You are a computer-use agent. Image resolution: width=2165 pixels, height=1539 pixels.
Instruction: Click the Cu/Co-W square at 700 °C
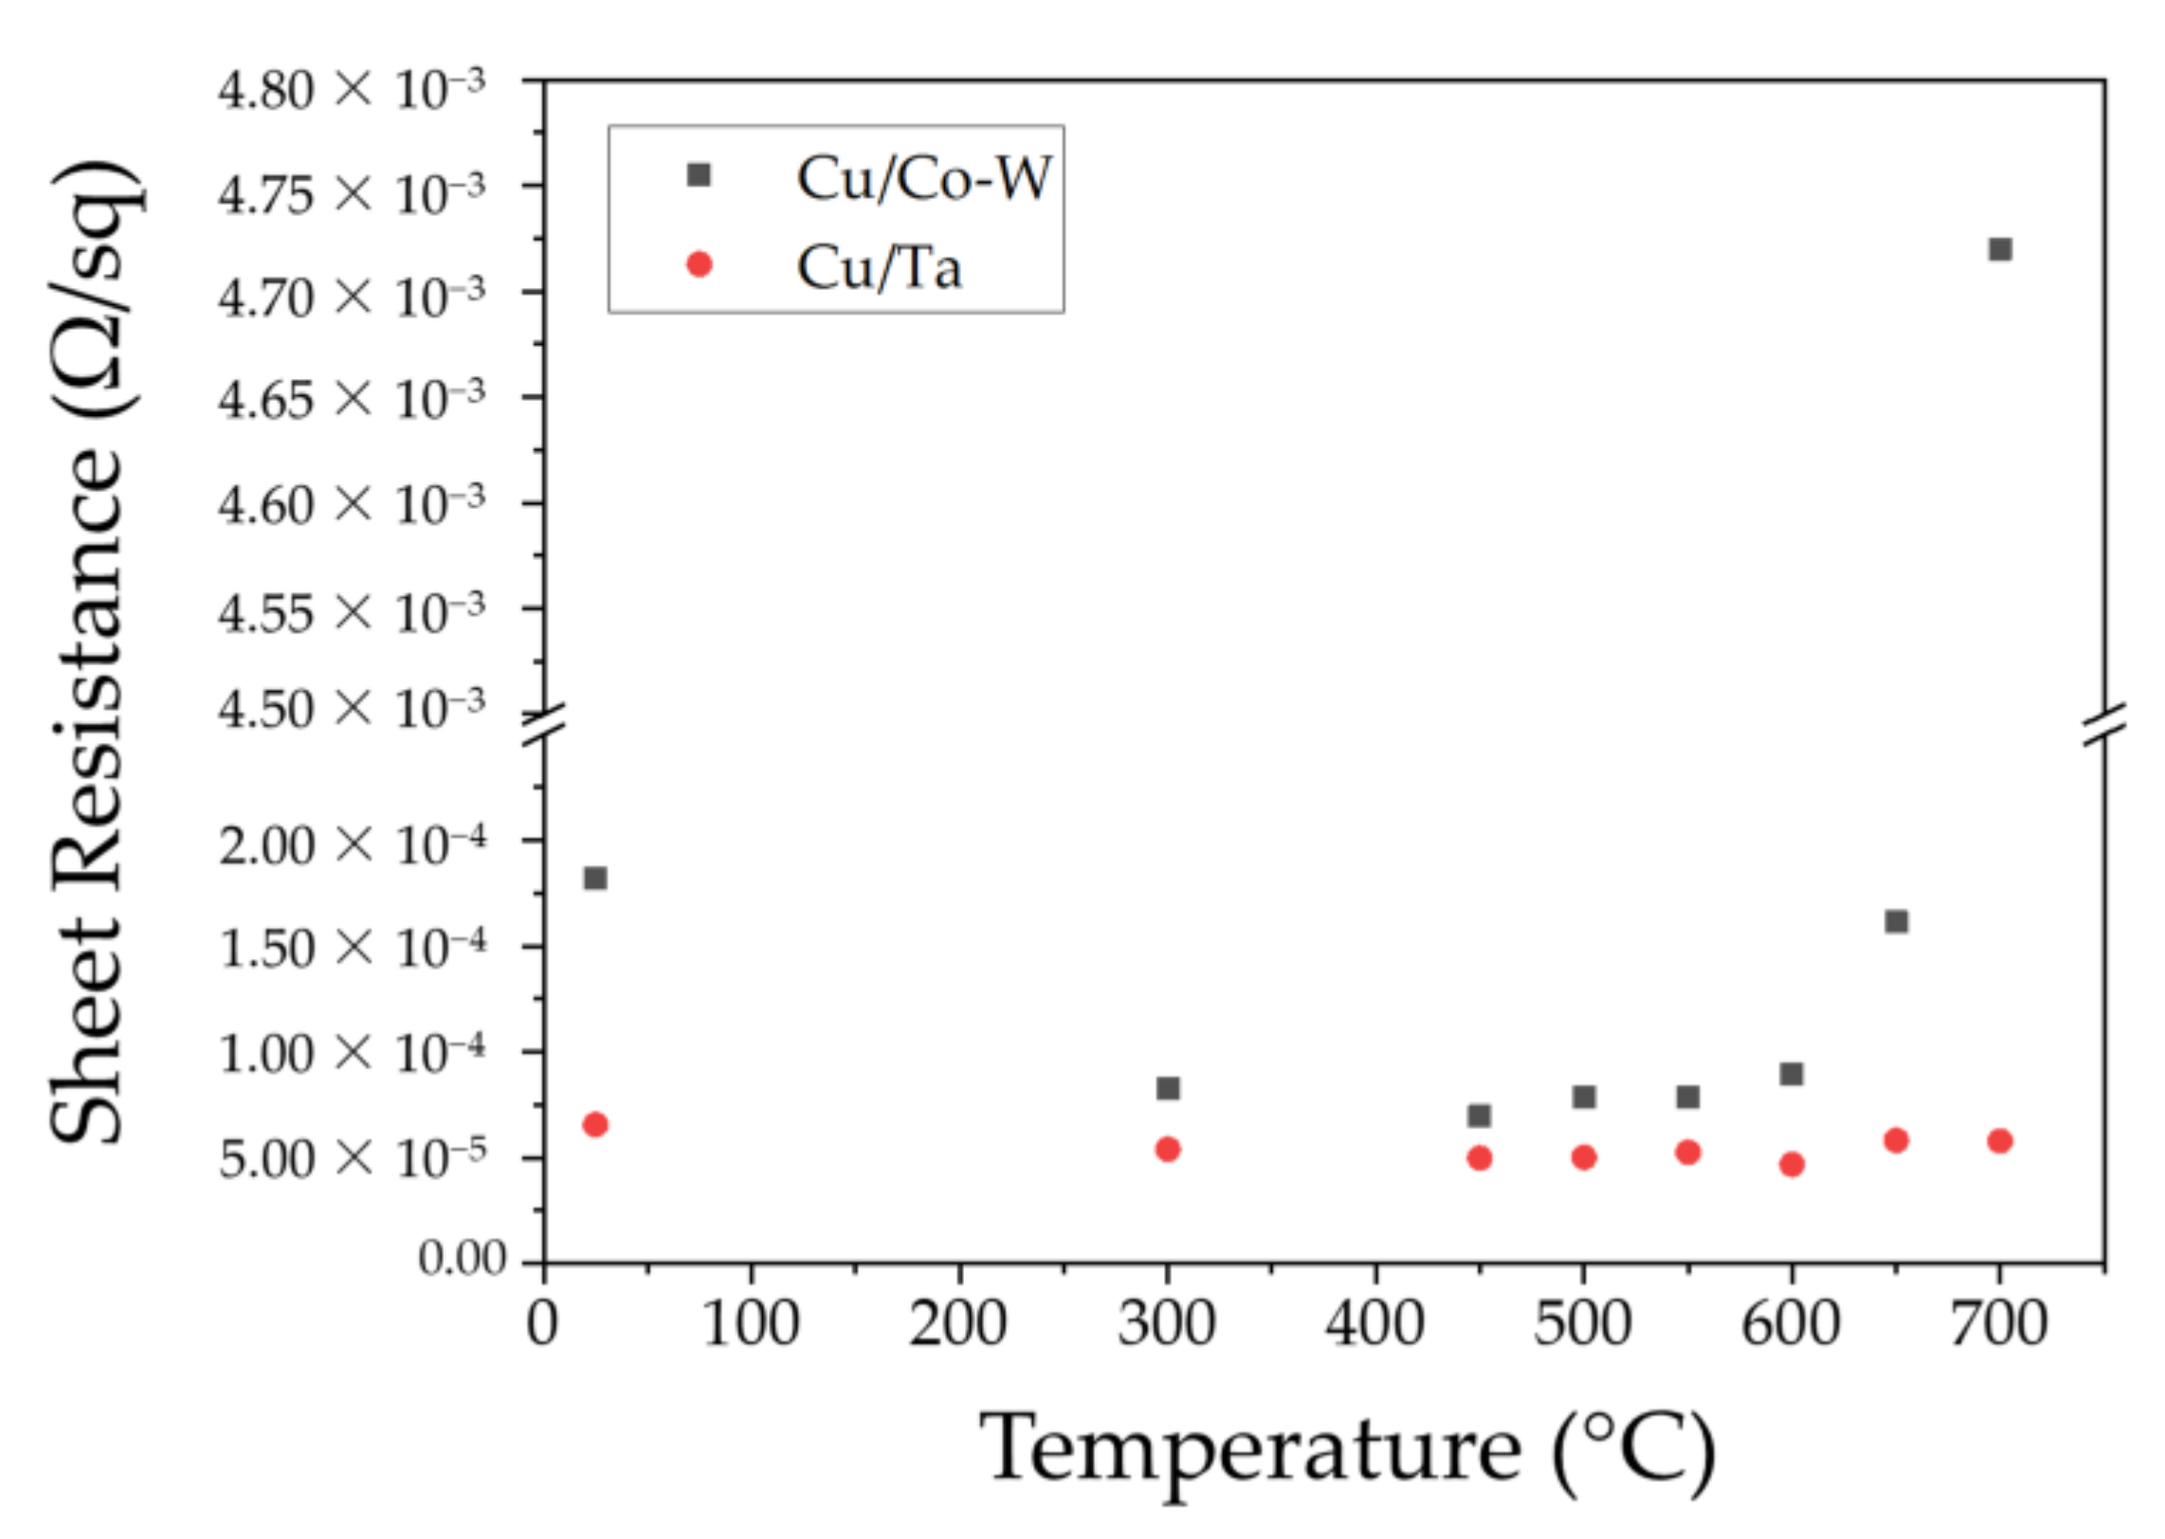(x=2000, y=249)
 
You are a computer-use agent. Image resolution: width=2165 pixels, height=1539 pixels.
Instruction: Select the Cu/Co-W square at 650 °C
(x=1896, y=921)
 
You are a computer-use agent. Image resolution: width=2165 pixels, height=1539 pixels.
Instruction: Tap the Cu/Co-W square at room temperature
(x=595, y=878)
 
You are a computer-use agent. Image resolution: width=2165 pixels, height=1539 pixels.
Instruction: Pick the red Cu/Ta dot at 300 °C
(x=1168, y=1150)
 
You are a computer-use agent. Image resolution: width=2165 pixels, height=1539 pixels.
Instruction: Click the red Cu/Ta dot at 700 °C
(x=2000, y=1141)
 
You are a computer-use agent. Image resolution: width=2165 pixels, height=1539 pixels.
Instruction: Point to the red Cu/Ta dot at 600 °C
(x=1792, y=1165)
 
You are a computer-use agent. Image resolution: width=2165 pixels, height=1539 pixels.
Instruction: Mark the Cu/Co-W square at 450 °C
(x=1480, y=1115)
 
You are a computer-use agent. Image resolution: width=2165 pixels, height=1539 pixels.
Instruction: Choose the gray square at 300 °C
(x=1168, y=1088)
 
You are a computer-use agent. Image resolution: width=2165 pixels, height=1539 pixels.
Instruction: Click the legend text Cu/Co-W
(x=924, y=177)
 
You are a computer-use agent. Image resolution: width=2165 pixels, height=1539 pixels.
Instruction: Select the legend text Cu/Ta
(x=880, y=267)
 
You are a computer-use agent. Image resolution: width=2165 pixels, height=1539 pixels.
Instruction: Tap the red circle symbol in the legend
(x=699, y=264)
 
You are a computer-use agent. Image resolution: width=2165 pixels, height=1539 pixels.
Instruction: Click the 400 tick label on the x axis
(x=1374, y=1324)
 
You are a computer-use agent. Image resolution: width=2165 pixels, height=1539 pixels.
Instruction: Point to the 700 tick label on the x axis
(x=1998, y=1324)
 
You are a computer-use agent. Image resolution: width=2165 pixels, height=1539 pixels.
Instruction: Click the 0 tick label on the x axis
(x=543, y=1324)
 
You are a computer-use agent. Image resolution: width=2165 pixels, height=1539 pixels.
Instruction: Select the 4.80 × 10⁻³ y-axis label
(x=352, y=91)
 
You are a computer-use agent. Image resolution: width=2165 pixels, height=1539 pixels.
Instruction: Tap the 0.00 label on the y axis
(x=463, y=1259)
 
